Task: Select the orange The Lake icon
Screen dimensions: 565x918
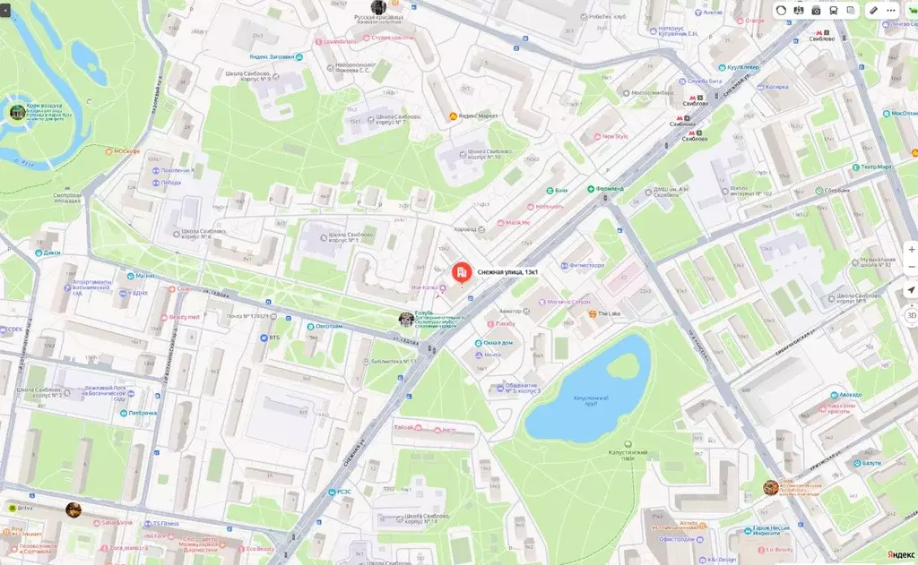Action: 593,313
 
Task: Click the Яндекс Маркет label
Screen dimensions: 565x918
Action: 478,116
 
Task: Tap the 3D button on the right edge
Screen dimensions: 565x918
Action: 911,315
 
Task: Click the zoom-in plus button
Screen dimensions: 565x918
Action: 911,248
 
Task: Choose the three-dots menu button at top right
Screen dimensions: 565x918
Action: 891,10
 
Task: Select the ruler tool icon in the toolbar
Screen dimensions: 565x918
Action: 872,10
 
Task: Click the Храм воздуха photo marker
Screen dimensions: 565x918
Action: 17,112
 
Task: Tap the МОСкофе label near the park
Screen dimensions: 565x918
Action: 126,151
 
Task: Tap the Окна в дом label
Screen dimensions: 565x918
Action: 498,343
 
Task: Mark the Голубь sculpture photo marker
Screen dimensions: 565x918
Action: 406,319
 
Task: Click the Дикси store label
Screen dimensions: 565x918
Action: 52,253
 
